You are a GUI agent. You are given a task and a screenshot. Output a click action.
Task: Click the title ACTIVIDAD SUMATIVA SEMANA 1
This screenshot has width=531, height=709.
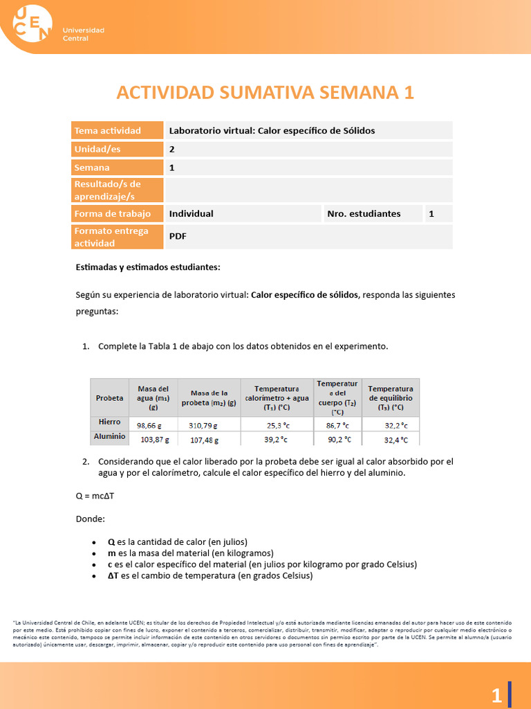tap(265, 93)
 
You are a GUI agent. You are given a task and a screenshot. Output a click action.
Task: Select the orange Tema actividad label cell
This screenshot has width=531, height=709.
tap(118, 130)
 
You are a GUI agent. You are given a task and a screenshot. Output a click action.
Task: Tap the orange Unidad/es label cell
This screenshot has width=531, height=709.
tap(118, 149)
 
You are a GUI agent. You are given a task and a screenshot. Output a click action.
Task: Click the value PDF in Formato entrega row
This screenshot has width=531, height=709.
tap(178, 237)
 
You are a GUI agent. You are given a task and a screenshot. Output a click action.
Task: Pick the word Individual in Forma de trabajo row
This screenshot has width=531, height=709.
tap(191, 213)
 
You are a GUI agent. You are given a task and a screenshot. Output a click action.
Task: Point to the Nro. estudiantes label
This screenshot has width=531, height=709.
tap(364, 213)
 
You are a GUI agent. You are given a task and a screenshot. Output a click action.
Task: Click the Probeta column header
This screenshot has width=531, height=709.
tap(109, 397)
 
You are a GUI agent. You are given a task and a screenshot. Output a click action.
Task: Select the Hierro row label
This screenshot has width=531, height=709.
tap(109, 422)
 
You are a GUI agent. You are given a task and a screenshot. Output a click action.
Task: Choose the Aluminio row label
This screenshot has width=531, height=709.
tap(109, 437)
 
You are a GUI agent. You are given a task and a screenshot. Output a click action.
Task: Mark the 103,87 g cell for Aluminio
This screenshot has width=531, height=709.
tap(155, 440)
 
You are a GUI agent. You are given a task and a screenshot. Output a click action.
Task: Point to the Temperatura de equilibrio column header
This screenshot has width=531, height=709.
tap(391, 397)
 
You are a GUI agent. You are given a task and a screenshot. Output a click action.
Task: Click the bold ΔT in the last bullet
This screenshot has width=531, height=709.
tap(104, 575)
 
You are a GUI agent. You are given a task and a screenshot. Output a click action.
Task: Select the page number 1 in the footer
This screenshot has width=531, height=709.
tap(496, 695)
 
